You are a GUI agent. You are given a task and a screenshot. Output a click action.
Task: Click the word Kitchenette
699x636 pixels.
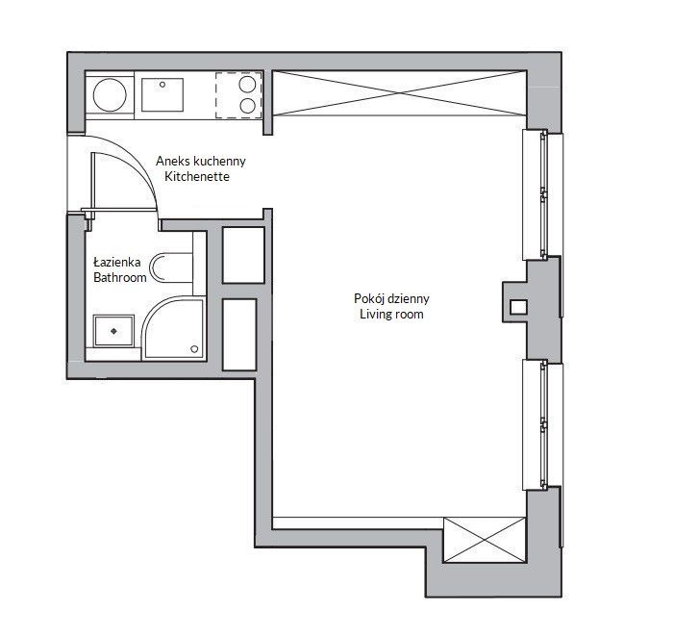click(197, 177)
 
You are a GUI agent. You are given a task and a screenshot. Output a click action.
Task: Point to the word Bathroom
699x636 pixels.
click(119, 277)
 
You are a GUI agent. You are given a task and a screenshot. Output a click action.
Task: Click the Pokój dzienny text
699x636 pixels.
click(390, 299)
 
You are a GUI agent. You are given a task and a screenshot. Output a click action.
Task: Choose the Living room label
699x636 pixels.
click(390, 315)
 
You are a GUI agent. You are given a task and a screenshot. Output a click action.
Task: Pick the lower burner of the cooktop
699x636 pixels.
click(248, 106)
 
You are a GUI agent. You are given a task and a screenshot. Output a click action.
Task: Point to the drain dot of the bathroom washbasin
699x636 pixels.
click(113, 330)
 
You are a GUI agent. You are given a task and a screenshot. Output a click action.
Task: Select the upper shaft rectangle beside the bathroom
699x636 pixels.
click(243, 254)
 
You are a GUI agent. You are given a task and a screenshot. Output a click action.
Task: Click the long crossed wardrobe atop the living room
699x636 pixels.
click(398, 95)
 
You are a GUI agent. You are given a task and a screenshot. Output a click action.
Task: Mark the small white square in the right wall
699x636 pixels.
click(517, 308)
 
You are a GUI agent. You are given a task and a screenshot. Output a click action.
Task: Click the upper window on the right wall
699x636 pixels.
click(537, 193)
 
